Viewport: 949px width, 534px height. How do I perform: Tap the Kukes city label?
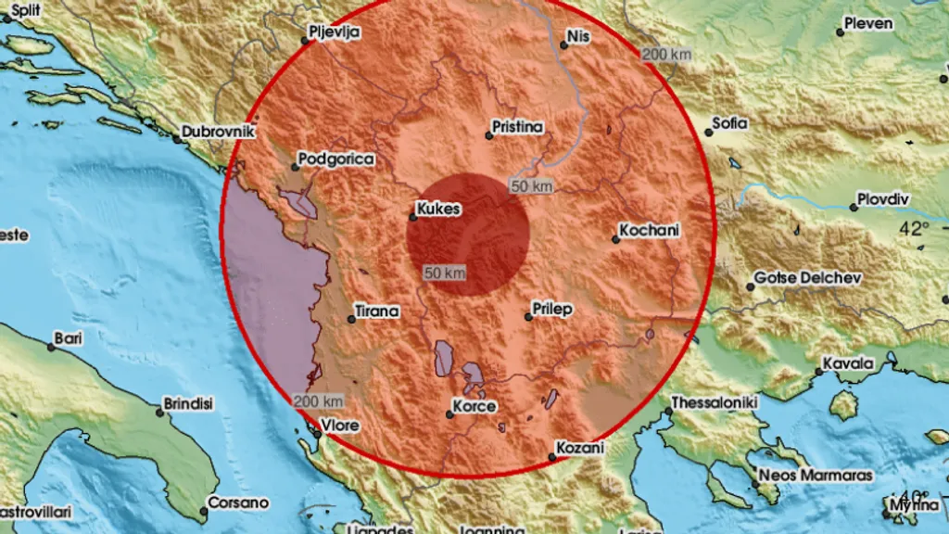pos(438,210)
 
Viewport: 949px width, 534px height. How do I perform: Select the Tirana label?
pos(379,311)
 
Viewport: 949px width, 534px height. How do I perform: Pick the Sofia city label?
pos(730,123)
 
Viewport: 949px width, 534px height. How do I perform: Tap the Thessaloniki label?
pos(715,402)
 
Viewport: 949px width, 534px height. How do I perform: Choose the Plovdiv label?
pos(884,199)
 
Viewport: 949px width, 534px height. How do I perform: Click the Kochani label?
pos(650,230)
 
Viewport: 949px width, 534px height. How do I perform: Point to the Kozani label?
pos(580,448)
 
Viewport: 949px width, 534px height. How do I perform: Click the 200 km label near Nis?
pos(666,55)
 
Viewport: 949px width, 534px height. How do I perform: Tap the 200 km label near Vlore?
pos(319,401)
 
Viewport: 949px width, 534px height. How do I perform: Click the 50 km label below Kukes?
pos(445,273)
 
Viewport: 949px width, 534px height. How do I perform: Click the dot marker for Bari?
pos(52,347)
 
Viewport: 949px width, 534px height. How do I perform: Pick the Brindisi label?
pos(188,404)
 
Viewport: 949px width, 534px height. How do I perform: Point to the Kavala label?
pos(850,363)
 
